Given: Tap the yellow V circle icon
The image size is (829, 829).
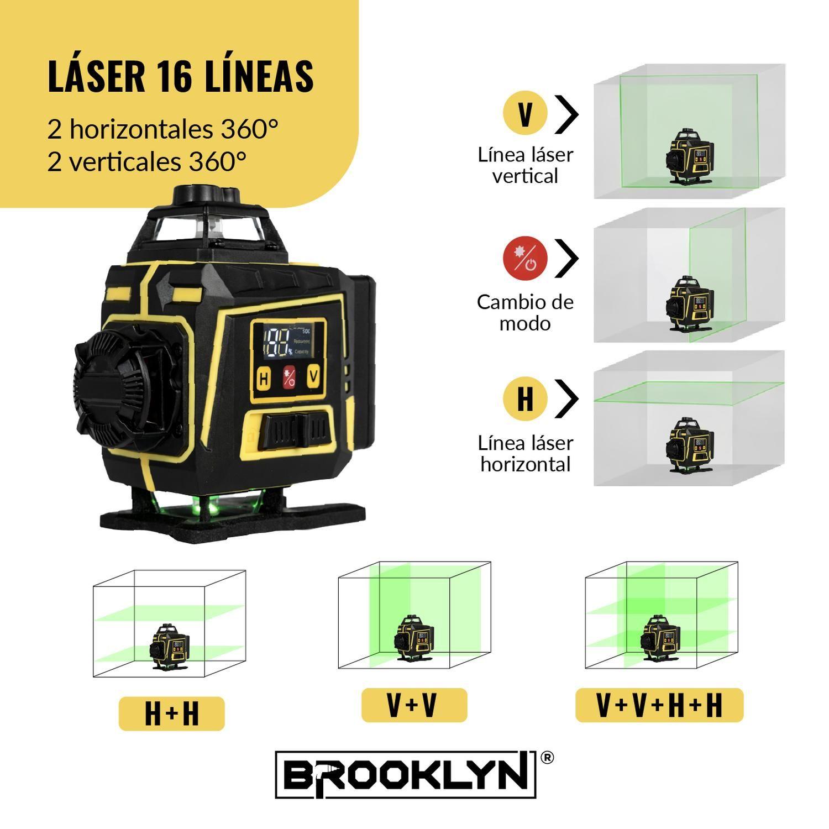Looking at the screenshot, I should [525, 113].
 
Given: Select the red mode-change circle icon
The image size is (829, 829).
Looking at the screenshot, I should [525, 258].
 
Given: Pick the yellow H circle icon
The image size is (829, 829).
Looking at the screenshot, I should [525, 398].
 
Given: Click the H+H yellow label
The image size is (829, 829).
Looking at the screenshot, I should [172, 713].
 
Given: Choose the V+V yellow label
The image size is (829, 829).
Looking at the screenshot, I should [414, 705].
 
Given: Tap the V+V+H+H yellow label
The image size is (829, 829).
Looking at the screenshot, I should [659, 705].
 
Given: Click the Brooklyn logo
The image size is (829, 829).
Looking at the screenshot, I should [406, 774].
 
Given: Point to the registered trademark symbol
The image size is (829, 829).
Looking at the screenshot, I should [545, 758].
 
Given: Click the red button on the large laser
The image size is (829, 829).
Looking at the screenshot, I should [289, 378].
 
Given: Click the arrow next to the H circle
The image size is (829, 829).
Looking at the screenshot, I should [566, 398].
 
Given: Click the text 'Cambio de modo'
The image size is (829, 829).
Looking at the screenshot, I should [525, 312].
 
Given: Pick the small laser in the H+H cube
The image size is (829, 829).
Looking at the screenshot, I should [169, 647].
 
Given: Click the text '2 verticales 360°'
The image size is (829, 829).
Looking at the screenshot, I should [147, 161].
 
